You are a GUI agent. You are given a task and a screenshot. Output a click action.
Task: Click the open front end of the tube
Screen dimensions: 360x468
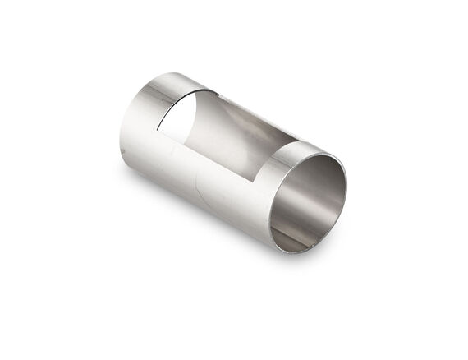pos(310,198)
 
